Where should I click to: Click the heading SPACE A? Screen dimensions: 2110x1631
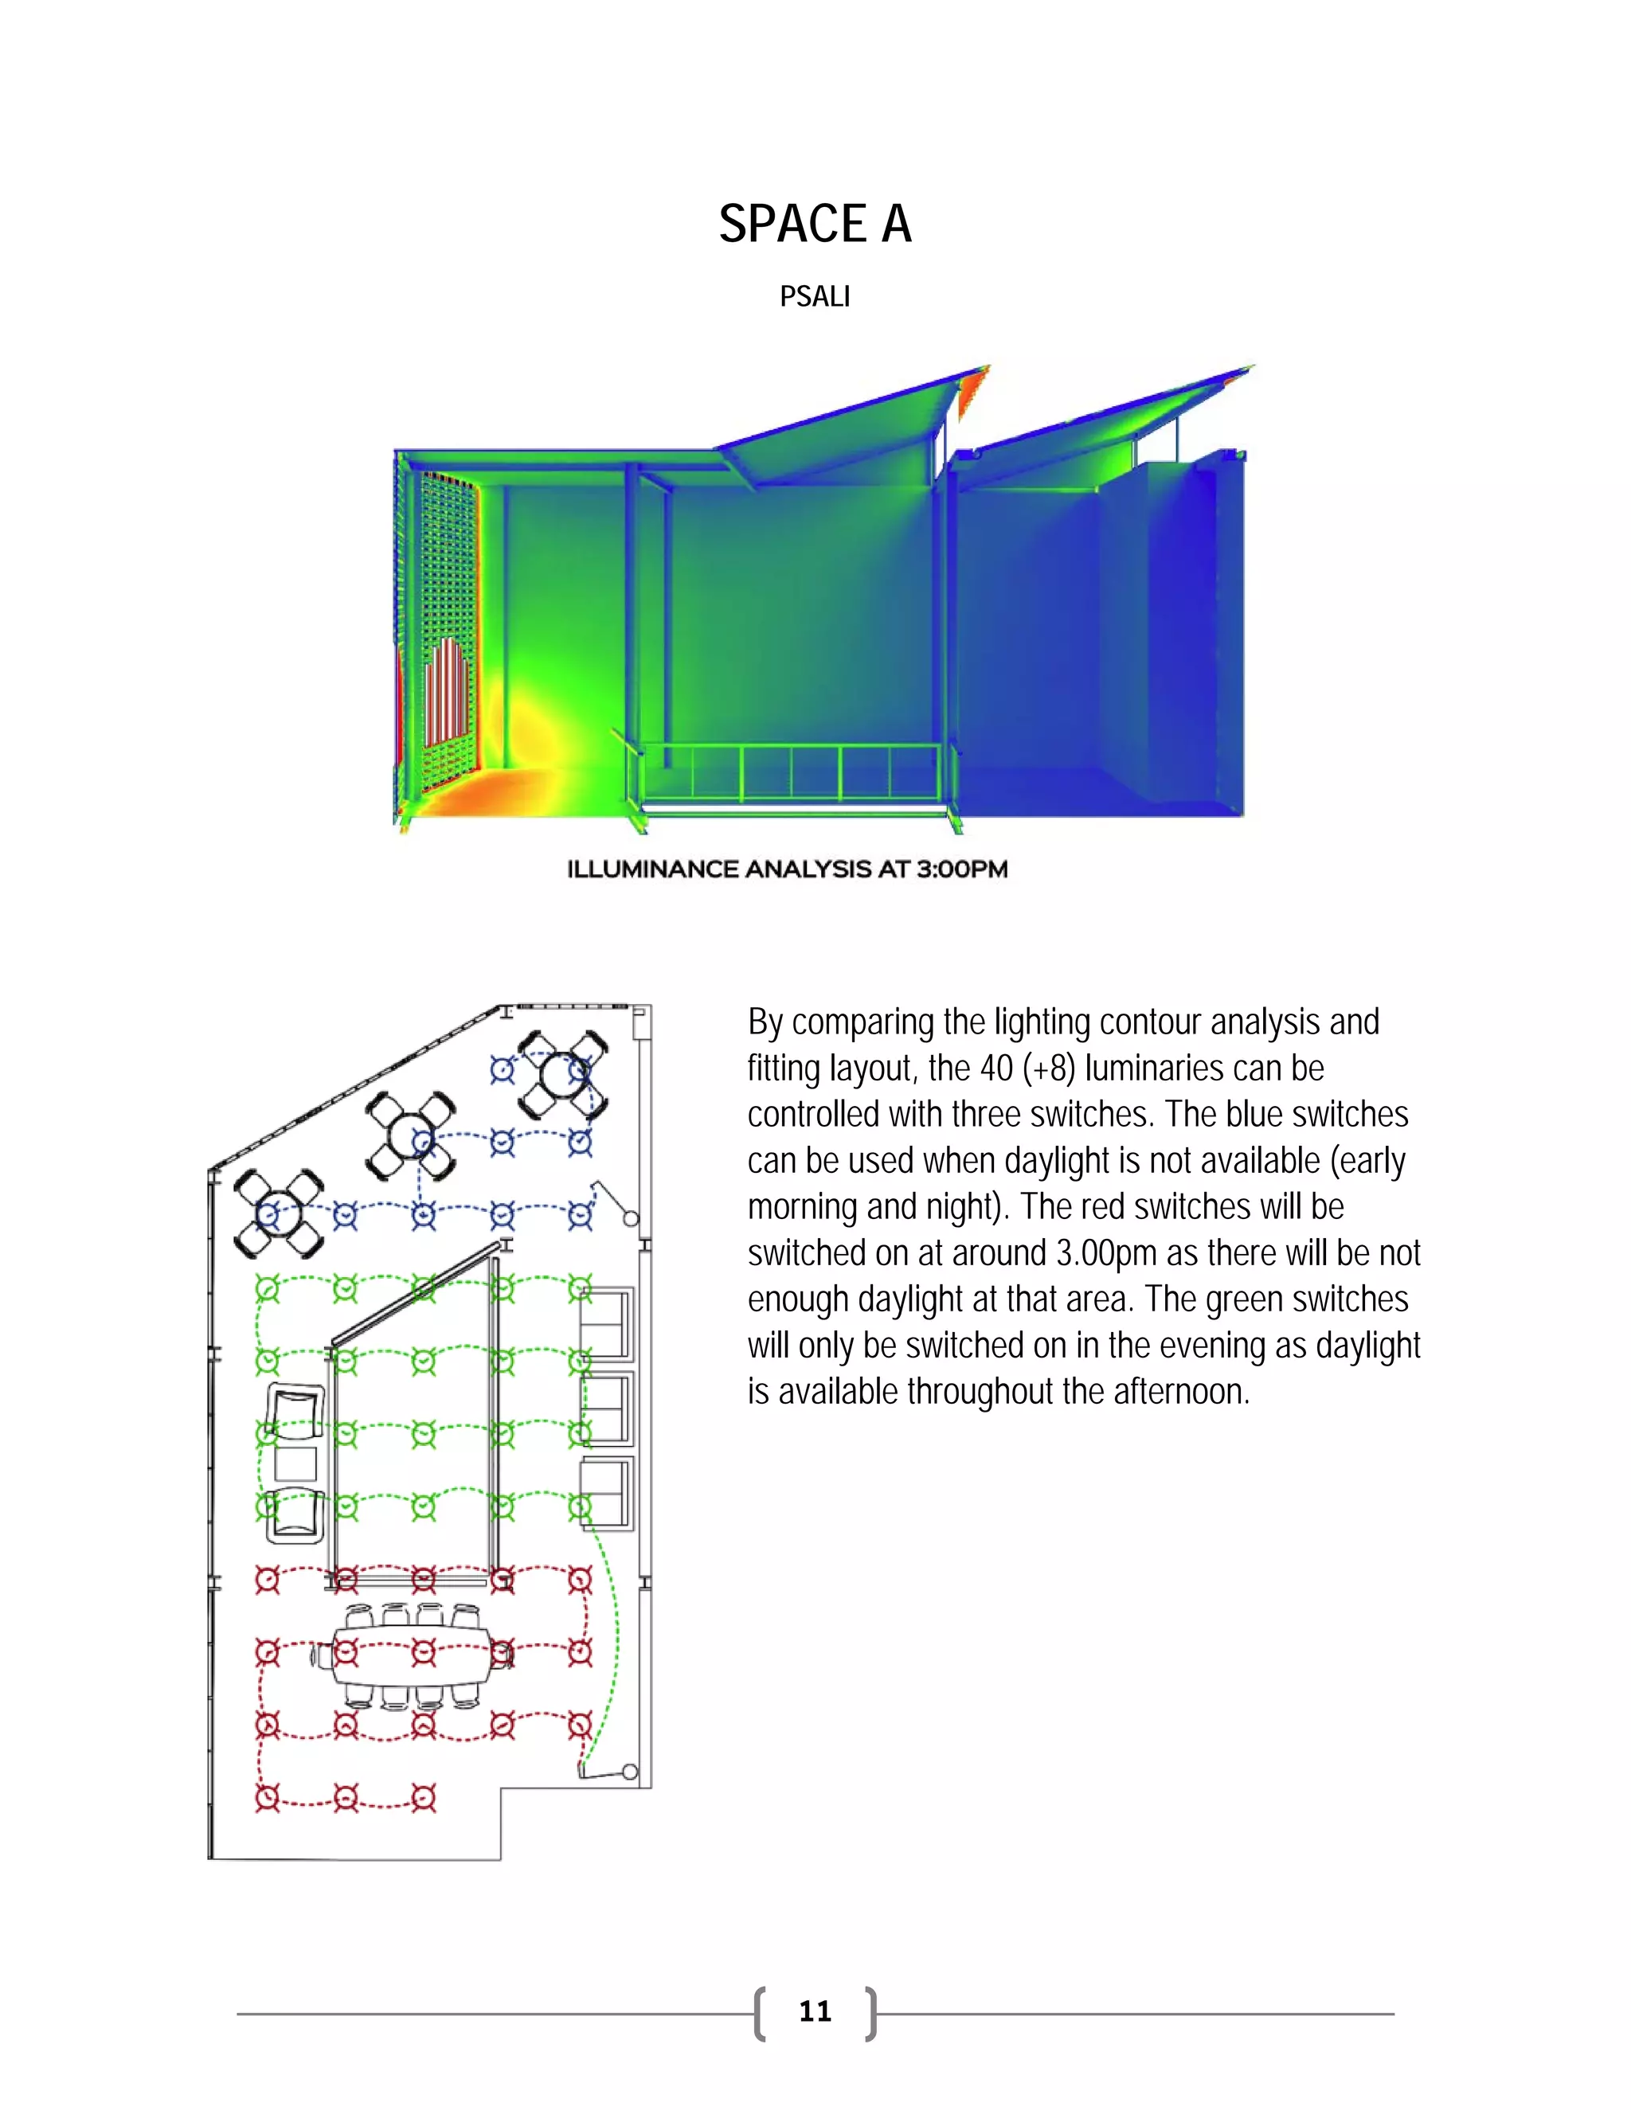click(x=815, y=225)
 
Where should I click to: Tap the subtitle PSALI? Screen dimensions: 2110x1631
click(x=815, y=297)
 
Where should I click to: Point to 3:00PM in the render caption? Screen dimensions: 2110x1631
click(x=961, y=869)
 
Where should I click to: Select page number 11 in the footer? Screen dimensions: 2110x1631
click(x=815, y=2010)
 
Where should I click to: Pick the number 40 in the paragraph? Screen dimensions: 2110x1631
click(x=996, y=1069)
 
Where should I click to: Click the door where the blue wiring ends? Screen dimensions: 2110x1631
click(x=615, y=1202)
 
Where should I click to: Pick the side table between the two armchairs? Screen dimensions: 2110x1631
click(x=295, y=1463)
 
